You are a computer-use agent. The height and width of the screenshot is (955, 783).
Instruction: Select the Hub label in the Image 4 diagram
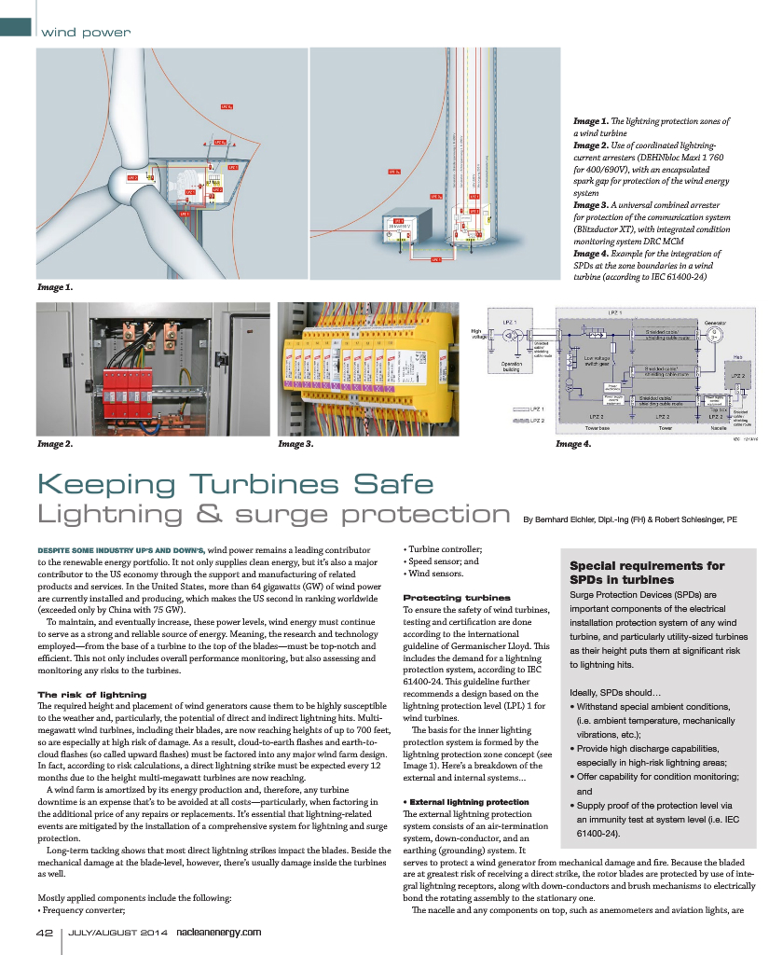click(735, 356)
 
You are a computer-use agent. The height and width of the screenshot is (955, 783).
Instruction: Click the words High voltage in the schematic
click(477, 333)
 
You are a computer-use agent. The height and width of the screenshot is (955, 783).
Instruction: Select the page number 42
click(45, 932)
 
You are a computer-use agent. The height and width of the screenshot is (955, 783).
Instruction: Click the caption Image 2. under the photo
click(55, 444)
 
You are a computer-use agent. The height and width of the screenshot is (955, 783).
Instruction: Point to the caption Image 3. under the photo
click(295, 444)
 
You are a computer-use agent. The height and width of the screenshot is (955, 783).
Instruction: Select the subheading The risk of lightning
click(91, 695)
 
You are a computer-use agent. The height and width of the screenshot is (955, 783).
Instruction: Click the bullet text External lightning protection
click(469, 802)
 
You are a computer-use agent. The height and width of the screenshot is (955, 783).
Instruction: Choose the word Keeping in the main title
click(110, 484)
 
